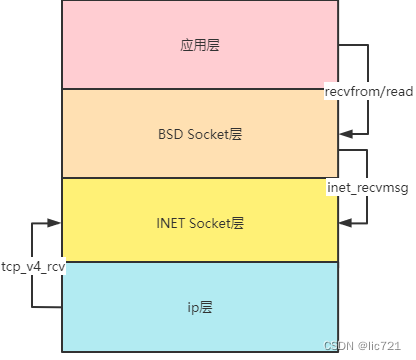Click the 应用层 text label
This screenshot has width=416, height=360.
[200, 45]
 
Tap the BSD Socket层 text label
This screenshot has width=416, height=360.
[200, 134]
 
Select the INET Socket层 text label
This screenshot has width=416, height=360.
[200, 223]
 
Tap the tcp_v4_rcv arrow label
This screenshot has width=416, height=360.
[33, 268]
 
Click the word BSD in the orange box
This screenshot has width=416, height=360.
[171, 134]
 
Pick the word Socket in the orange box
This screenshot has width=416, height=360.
[207, 134]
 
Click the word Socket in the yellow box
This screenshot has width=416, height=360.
[210, 223]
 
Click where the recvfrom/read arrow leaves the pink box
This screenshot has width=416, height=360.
[339, 45]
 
